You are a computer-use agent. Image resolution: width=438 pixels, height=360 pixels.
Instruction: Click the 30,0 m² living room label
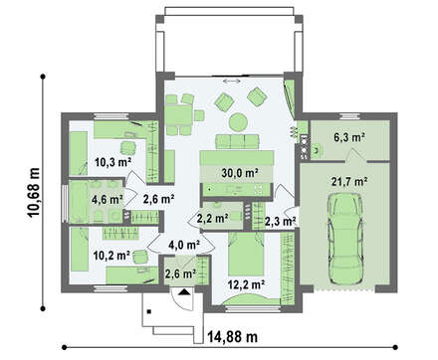click(x=240, y=172)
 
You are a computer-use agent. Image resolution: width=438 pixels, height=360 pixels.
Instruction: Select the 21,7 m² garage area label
click(x=349, y=181)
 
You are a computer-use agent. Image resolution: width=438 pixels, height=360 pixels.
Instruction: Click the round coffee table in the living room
click(x=238, y=122)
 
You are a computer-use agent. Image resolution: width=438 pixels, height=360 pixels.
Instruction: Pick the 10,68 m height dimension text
click(x=34, y=192)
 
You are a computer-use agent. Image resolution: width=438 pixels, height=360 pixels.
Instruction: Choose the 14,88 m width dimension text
click(x=233, y=337)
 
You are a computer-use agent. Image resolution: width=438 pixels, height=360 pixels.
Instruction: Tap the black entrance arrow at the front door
click(x=184, y=291)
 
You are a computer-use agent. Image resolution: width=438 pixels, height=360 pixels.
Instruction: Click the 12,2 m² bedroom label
click(x=246, y=283)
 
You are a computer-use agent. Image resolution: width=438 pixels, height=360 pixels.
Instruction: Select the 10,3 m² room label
click(x=112, y=162)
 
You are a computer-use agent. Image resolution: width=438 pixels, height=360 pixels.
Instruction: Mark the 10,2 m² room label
click(x=111, y=256)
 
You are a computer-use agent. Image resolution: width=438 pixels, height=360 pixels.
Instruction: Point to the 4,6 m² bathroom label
click(x=108, y=200)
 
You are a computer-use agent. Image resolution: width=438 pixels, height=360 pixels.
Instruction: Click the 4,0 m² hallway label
click(x=184, y=245)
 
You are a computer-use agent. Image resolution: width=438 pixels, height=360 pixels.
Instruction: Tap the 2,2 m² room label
click(x=212, y=218)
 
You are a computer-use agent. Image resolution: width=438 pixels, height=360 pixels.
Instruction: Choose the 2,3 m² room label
click(x=281, y=221)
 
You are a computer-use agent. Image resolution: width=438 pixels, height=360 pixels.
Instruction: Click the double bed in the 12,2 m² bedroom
click(x=246, y=254)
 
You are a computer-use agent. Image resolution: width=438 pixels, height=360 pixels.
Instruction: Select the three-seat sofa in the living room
click(x=237, y=141)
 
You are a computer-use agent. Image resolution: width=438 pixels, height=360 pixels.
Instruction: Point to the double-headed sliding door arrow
click(x=232, y=81)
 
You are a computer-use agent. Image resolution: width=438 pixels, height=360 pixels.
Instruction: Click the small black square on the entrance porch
click(x=149, y=311)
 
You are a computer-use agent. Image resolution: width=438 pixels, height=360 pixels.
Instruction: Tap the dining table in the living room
click(x=178, y=114)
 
